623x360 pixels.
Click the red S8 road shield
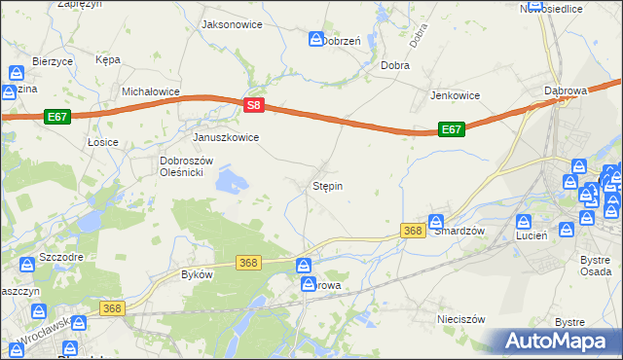[253, 104]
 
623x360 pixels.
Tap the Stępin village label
[327, 184]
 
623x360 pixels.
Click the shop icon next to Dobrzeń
[316, 39]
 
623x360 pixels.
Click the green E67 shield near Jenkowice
[450, 128]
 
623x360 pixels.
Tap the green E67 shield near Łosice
[56, 116]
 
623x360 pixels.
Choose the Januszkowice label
[226, 137]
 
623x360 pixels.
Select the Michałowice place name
[151, 90]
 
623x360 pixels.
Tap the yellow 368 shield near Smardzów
[412, 231]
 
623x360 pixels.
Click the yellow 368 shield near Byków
[248, 263]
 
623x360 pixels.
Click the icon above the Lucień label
[524, 221]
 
